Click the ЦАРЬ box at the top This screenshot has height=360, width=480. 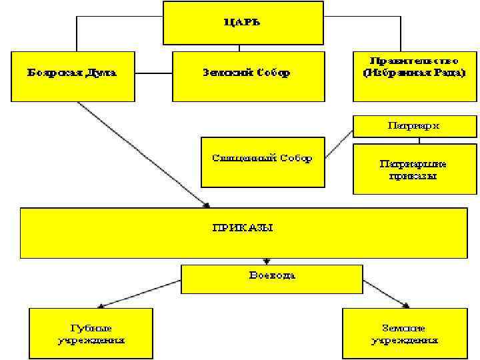coord(242,23)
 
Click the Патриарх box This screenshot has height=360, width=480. coord(414,125)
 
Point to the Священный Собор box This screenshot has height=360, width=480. coord(262,160)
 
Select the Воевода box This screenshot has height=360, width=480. coord(272,275)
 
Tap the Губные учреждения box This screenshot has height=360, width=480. coord(91,333)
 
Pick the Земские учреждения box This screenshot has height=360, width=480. coord(405,333)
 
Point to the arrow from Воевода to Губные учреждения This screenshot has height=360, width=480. coord(140,294)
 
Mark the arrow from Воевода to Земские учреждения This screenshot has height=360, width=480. coord(385,293)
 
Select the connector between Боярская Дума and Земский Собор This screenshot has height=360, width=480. coord(153,73)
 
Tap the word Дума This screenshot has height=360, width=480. coord(100,73)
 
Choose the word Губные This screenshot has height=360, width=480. coord(91,328)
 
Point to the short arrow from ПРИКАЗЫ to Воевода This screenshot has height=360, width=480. coord(267,261)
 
